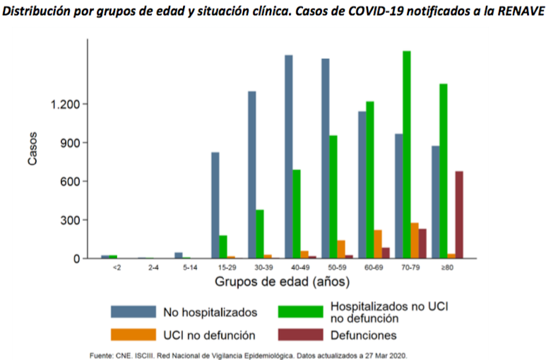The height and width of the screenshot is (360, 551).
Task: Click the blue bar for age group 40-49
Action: (x=288, y=157)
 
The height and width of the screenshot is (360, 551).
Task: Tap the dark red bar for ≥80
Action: (x=459, y=215)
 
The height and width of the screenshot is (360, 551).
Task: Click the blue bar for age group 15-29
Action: (x=216, y=205)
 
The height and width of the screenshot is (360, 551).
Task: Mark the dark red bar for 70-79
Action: (x=422, y=244)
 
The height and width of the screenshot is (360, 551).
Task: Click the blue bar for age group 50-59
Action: (x=325, y=159)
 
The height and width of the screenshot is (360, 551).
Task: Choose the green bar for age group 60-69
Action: (x=370, y=180)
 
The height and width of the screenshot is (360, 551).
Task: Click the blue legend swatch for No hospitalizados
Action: (x=132, y=312)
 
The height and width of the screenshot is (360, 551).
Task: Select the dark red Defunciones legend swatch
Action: (x=300, y=335)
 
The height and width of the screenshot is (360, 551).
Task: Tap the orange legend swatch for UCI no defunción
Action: (x=132, y=335)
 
